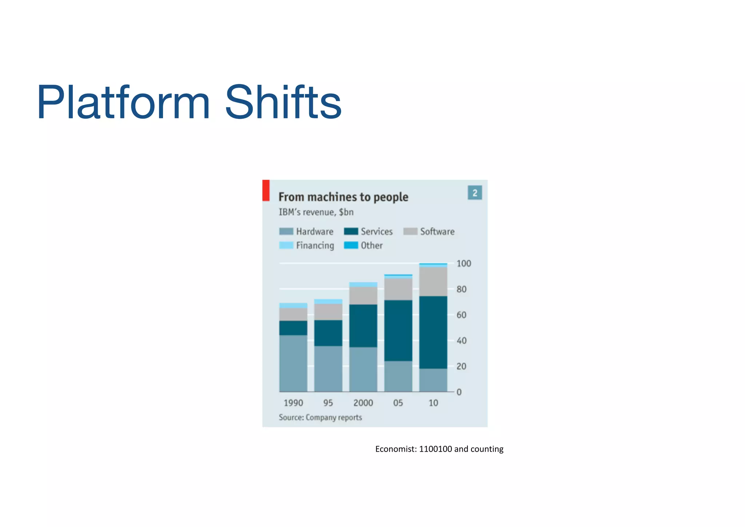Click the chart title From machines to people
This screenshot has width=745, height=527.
(343, 197)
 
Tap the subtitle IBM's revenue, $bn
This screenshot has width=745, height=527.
(316, 212)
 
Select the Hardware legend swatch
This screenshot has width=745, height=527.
(286, 232)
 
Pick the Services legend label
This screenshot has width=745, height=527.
(377, 232)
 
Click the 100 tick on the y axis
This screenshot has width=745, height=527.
(463, 263)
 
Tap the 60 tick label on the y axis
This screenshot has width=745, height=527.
(461, 315)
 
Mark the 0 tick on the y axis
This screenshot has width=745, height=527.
(459, 392)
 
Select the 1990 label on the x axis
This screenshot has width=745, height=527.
(293, 403)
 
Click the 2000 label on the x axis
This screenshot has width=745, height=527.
(363, 403)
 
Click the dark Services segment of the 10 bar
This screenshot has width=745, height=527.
(433, 332)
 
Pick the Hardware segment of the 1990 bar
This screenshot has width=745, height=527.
(293, 363)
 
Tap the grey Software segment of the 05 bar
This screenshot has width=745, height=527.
(398, 289)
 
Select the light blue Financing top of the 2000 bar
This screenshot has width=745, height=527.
(363, 284)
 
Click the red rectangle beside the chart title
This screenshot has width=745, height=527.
(266, 190)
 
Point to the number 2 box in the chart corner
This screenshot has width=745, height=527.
(475, 193)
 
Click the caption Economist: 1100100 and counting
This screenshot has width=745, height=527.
(439, 449)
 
